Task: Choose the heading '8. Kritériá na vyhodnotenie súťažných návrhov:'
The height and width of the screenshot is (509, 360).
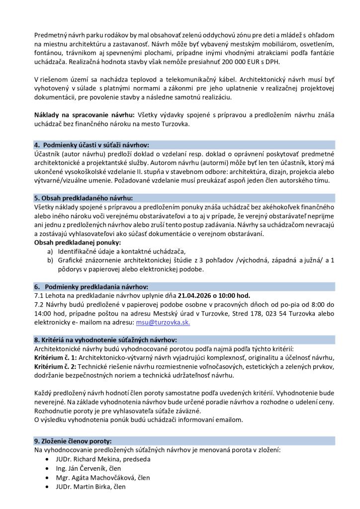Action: coord(105,339)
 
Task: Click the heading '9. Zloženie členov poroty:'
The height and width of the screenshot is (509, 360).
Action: coord(73,441)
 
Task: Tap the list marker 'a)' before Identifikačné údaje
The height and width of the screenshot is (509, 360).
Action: coord(50,252)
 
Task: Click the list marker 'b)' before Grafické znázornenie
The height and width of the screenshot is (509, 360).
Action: coord(50,260)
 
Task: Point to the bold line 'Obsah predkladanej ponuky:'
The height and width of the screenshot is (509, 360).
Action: coord(78,243)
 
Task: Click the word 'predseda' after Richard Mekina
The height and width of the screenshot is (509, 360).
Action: coord(136,459)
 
